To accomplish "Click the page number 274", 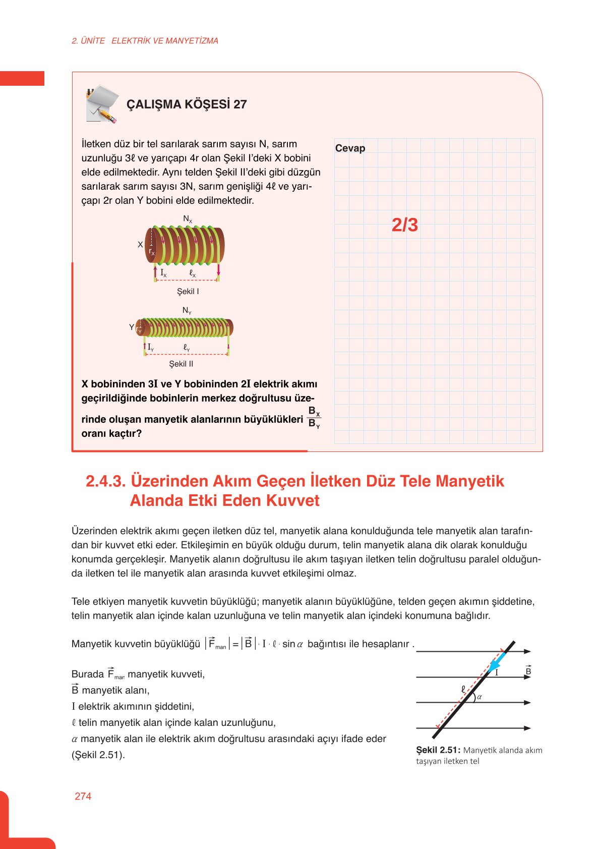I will (x=83, y=797).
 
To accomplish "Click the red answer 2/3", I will (x=405, y=225).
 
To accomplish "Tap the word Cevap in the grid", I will (x=350, y=148).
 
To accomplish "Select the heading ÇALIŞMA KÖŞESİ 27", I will (x=187, y=104).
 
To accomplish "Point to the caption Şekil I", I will (x=188, y=292).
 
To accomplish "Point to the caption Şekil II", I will (x=181, y=364).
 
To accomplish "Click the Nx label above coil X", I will (x=188, y=219).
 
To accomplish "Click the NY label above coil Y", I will (x=187, y=311).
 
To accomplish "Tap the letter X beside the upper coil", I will (x=140, y=244).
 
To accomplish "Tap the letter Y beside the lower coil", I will (x=132, y=327).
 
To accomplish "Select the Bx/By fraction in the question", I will (x=314, y=417).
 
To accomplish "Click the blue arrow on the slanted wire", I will (x=497, y=661).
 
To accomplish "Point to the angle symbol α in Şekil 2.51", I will (x=479, y=697).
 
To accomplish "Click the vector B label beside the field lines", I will (x=528, y=671).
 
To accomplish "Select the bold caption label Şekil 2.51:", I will (x=438, y=750).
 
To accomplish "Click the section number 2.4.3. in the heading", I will (x=105, y=481).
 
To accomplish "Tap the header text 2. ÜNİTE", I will (x=88, y=41).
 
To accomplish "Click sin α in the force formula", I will (x=292, y=644).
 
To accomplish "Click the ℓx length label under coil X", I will (x=192, y=273).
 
